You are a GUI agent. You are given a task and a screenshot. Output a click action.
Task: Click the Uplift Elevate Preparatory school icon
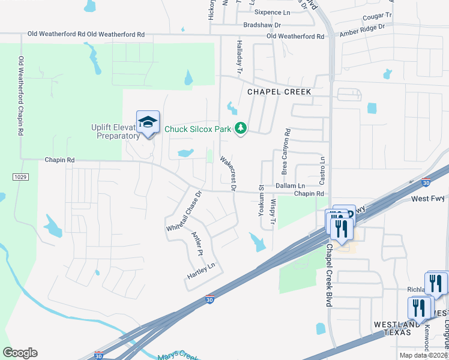(x=148, y=123)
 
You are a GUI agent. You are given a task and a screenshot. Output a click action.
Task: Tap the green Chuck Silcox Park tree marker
(x=241, y=128)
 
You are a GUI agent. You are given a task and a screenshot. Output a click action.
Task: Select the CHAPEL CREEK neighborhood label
(x=279, y=92)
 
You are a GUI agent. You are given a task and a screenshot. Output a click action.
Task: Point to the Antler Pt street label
(x=196, y=244)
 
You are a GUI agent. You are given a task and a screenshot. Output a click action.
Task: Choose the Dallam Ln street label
(x=291, y=186)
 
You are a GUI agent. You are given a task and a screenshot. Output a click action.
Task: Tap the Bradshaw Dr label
(x=262, y=25)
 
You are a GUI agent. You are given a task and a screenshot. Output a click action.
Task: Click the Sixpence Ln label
(x=271, y=12)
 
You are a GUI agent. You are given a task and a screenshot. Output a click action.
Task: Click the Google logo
(x=20, y=353)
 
